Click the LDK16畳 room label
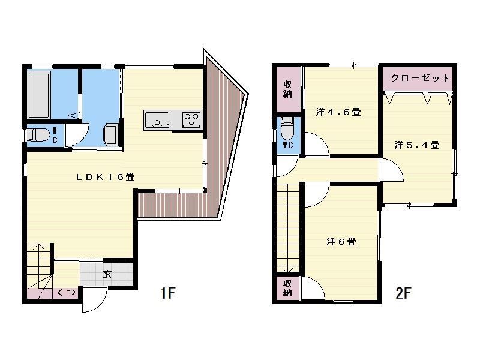(105, 177)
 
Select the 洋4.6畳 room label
(338, 112)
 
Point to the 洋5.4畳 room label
(417, 145)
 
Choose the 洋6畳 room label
(341, 242)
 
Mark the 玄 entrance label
(107, 275)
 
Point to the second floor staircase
(287, 228)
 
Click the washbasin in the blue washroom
(111, 133)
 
